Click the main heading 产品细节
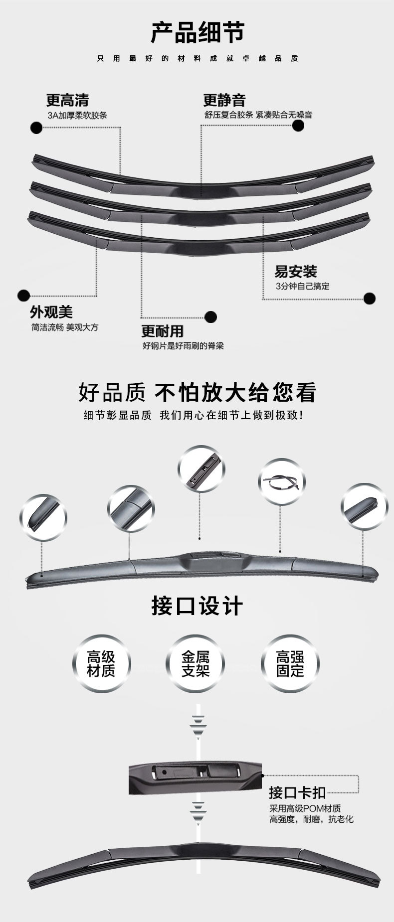tap(197, 33)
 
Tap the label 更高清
tap(67, 101)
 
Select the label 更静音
tap(224, 101)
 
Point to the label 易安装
tap(296, 272)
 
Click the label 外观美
tap(51, 312)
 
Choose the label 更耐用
tap(162, 331)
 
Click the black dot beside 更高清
tap(36, 128)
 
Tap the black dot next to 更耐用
tap(210, 316)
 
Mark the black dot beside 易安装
tap(369, 299)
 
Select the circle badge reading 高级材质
tap(101, 663)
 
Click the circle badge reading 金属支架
tap(196, 663)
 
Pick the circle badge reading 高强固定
tap(290, 663)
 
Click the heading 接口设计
tap(197, 606)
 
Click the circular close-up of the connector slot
tap(201, 469)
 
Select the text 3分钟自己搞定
tap(302, 287)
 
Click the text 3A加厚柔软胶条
tap(77, 116)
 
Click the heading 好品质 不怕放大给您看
tap(197, 392)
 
